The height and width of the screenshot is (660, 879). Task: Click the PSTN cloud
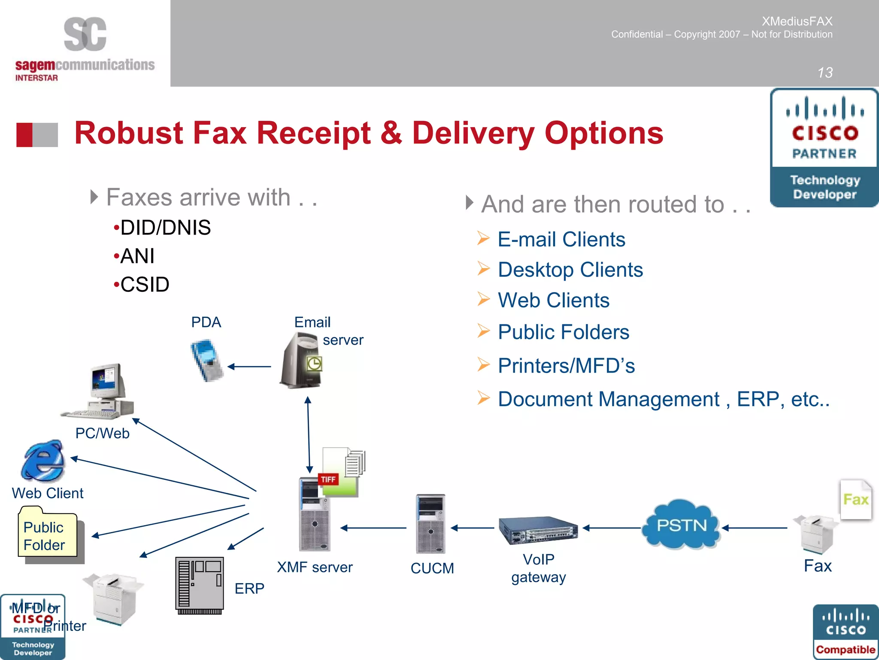(x=681, y=525)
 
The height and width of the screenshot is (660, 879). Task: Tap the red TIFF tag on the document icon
(x=328, y=480)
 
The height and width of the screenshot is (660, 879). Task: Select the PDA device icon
(x=207, y=360)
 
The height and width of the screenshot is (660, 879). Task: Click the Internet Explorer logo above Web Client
(x=43, y=460)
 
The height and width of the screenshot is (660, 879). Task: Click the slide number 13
(x=824, y=73)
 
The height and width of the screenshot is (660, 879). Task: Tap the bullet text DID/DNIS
(x=165, y=228)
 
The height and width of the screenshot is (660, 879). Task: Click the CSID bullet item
(x=145, y=284)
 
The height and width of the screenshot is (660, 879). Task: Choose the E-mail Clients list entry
(x=561, y=239)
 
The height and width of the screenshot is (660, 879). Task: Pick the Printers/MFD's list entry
(x=566, y=366)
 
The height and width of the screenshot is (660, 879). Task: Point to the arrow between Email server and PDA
(x=249, y=367)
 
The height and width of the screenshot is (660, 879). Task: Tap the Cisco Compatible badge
(x=845, y=632)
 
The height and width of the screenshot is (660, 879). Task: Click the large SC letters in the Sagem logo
(x=85, y=34)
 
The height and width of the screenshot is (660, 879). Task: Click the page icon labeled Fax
(x=855, y=500)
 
